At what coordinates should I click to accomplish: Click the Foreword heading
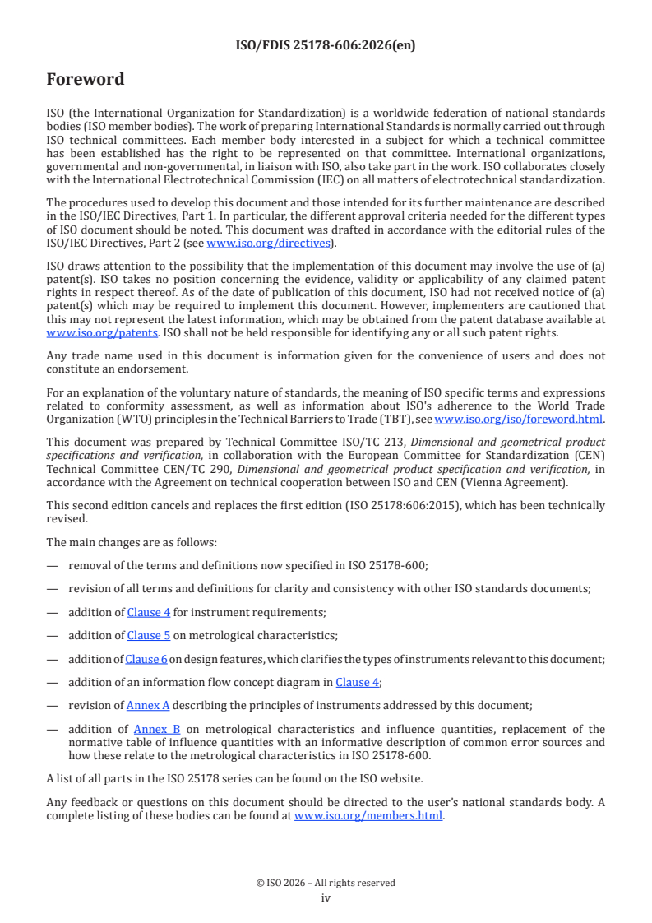tap(86, 80)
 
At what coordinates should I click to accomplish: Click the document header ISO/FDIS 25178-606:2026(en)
tap(326, 45)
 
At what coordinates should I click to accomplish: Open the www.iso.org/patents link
tap(81, 332)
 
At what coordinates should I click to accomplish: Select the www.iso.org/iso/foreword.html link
tap(518, 419)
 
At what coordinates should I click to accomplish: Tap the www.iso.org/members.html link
tap(368, 816)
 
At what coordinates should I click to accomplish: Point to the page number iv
tap(326, 898)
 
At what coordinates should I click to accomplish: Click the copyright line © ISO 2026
tap(326, 883)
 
